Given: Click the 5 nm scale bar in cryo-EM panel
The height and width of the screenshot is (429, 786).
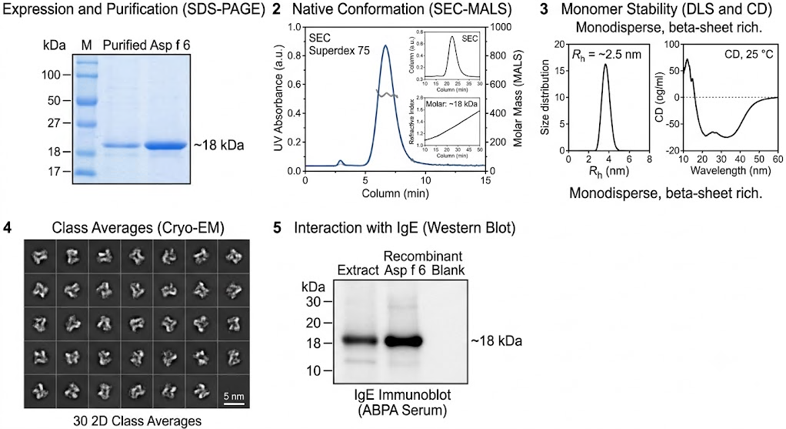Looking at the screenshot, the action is pyautogui.click(x=234, y=404).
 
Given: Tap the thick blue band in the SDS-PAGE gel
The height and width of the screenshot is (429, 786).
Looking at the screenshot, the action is pyautogui.click(x=165, y=146).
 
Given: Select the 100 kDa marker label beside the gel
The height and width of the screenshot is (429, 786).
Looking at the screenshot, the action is pyautogui.click(x=51, y=75).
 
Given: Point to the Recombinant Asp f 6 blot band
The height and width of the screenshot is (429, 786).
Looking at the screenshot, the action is pyautogui.click(x=404, y=341).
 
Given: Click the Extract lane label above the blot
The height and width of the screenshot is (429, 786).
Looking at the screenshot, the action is pyautogui.click(x=358, y=270).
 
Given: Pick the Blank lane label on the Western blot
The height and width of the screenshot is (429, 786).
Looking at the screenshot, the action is pyautogui.click(x=448, y=270).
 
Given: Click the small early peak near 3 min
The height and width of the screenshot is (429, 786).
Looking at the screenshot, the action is pyautogui.click(x=341, y=162).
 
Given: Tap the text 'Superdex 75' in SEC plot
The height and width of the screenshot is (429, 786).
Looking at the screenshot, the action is pyautogui.click(x=338, y=50).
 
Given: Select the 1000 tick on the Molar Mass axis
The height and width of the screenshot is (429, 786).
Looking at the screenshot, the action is pyautogui.click(x=501, y=27).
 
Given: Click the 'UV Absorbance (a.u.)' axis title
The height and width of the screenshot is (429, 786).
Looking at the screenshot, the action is pyautogui.click(x=278, y=98).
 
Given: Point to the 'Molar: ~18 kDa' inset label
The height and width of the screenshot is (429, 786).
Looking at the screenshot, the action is pyautogui.click(x=451, y=104).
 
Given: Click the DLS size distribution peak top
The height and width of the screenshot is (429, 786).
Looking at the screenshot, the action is pyautogui.click(x=605, y=64).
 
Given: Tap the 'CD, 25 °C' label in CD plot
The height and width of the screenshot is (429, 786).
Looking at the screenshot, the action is pyautogui.click(x=749, y=54).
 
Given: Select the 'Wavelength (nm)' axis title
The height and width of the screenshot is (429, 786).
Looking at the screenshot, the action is pyautogui.click(x=731, y=170).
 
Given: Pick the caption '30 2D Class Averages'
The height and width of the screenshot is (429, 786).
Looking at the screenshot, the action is pyautogui.click(x=138, y=421).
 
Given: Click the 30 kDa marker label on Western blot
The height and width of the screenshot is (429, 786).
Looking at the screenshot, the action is pyautogui.click(x=313, y=302).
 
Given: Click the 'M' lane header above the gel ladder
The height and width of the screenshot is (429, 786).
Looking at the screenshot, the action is pyautogui.click(x=87, y=45).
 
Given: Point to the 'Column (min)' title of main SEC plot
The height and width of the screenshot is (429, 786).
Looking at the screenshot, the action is pyautogui.click(x=395, y=193).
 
